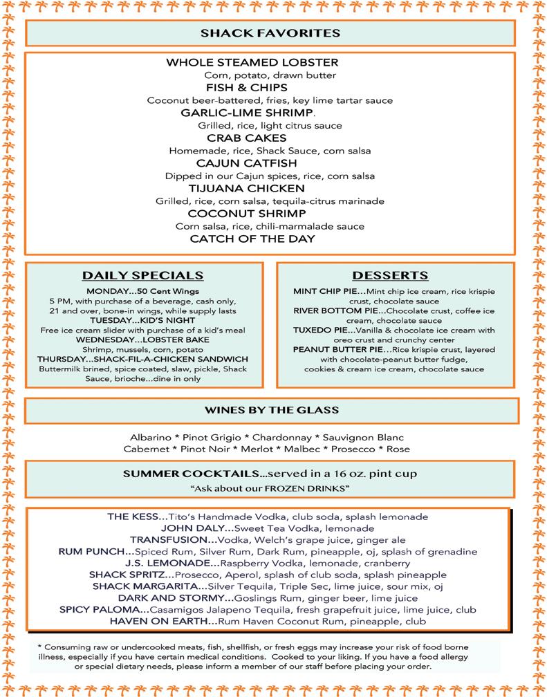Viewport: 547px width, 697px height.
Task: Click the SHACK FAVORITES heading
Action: click(x=270, y=33)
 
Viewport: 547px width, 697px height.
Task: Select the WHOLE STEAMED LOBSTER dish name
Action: click(x=252, y=63)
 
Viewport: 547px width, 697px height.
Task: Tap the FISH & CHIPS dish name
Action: click(x=247, y=88)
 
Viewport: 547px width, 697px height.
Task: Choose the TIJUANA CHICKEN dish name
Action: click(x=246, y=189)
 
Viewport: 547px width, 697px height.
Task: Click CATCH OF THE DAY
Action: click(x=252, y=239)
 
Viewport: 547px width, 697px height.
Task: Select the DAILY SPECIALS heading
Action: click(x=143, y=275)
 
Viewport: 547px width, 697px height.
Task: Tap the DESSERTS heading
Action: click(x=390, y=275)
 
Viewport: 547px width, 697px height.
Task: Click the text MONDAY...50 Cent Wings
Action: click(x=143, y=291)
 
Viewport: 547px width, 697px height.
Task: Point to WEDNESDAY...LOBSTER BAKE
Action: click(x=143, y=340)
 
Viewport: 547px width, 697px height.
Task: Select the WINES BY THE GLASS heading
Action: click(x=270, y=410)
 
